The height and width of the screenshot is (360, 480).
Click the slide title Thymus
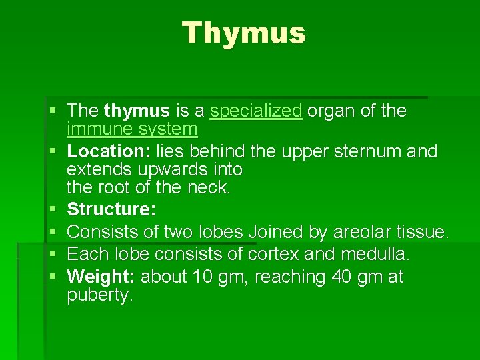(x=244, y=33)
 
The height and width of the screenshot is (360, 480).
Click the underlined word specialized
(x=256, y=111)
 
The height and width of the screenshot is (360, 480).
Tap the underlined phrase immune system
(x=132, y=129)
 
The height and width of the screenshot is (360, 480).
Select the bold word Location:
(x=109, y=152)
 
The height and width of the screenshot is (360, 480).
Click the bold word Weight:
(x=102, y=276)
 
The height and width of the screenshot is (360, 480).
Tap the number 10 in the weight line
(x=201, y=276)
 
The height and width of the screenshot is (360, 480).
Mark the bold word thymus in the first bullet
(x=137, y=111)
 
